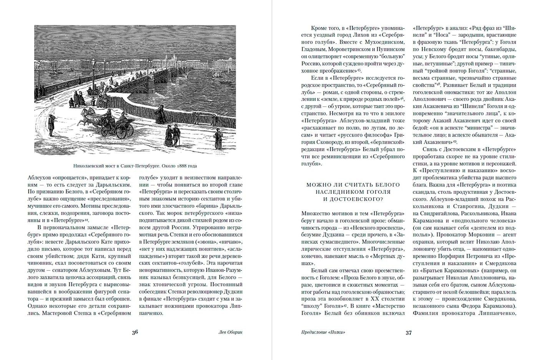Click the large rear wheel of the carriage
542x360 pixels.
click(x=122, y=132)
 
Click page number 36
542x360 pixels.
click(x=135, y=332)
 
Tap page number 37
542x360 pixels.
click(x=409, y=333)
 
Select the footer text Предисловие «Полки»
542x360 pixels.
click(x=323, y=333)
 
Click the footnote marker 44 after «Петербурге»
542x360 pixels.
click(x=87, y=220)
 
